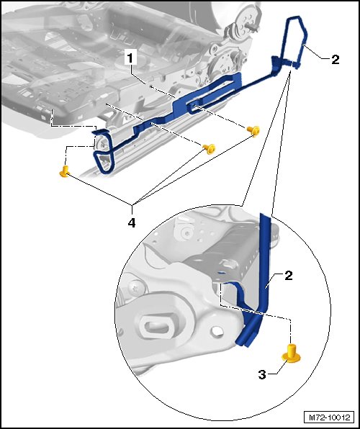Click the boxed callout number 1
click(x=130, y=58)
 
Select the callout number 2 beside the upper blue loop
click(x=335, y=59)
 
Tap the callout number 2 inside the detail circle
click(x=289, y=275)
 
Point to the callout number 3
click(x=262, y=374)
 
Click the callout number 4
click(x=132, y=223)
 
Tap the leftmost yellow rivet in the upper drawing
click(x=64, y=171)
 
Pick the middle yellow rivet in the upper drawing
click(x=210, y=149)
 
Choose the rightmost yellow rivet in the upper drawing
click(x=253, y=131)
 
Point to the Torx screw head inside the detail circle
click(x=134, y=288)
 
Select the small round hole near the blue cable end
click(x=217, y=331)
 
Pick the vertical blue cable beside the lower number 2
click(x=265, y=263)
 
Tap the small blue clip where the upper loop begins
click(x=275, y=63)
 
